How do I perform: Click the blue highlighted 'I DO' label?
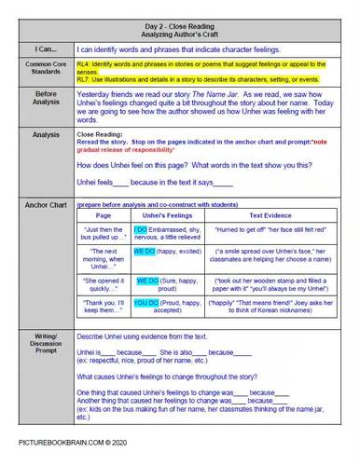(140, 229)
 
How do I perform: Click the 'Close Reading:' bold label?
(97, 133)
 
